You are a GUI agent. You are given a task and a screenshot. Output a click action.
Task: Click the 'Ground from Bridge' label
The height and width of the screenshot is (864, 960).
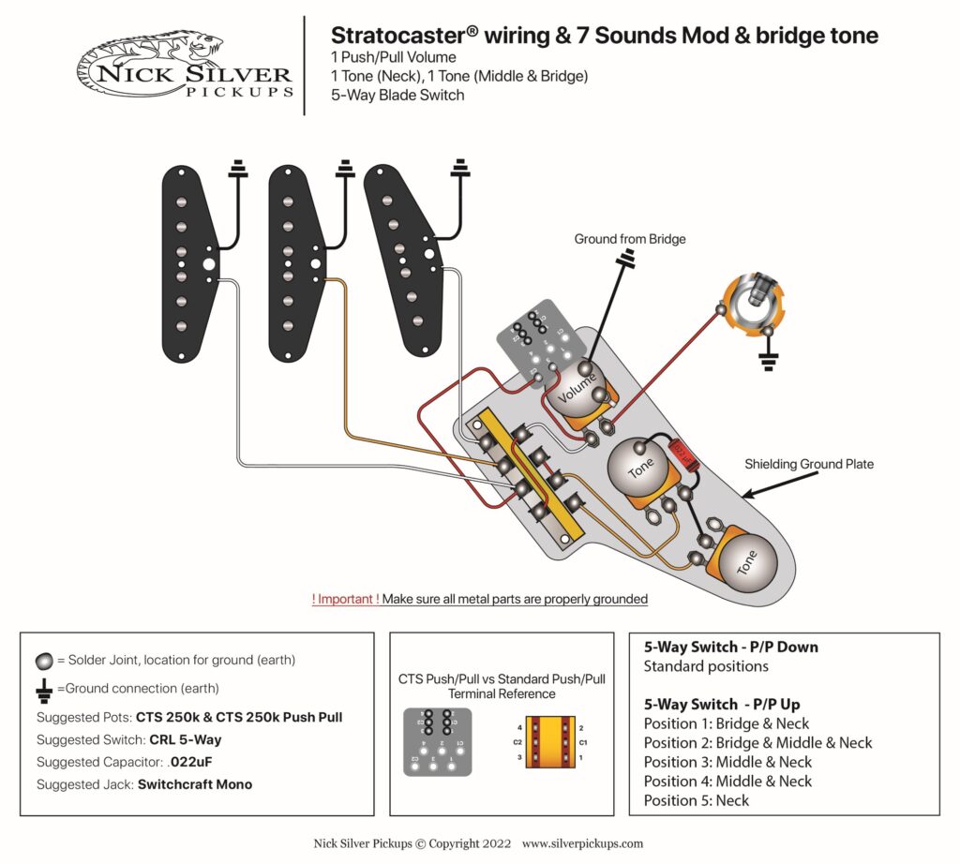630,239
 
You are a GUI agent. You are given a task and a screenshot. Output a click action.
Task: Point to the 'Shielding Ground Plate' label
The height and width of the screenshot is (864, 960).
808,464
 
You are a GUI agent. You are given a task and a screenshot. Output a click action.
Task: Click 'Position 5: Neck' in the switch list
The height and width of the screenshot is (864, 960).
697,800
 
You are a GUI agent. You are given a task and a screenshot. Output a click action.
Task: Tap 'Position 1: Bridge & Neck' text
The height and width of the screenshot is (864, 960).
727,723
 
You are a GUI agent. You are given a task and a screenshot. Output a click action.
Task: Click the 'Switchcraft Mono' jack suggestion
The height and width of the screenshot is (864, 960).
195,784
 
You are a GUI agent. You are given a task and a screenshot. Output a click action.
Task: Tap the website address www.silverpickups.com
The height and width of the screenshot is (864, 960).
582,843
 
